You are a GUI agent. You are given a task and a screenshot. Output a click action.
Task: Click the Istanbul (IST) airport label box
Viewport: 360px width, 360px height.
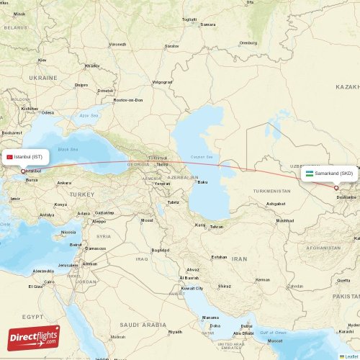(x=27, y=157)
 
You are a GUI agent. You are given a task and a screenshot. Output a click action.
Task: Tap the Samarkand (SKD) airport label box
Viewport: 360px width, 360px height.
(x=329, y=174)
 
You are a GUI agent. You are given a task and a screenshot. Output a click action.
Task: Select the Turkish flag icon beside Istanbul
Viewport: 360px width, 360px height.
(x=9, y=157)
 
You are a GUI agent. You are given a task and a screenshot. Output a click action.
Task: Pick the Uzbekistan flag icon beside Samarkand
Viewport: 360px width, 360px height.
(x=309, y=174)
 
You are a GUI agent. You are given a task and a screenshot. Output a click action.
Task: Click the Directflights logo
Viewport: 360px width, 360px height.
(x=34, y=337)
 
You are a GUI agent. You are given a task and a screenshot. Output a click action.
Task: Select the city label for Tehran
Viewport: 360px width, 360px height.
(x=216, y=227)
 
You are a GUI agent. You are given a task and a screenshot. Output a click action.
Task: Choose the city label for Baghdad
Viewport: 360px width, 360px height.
(x=161, y=250)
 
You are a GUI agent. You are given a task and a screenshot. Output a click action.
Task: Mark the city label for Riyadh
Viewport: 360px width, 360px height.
(x=174, y=332)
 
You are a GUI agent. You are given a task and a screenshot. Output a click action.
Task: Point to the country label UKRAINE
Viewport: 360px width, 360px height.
(x=43, y=77)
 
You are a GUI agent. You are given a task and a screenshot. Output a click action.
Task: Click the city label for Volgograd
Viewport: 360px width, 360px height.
(x=162, y=82)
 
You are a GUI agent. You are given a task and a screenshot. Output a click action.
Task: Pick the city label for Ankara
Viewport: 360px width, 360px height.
(x=64, y=183)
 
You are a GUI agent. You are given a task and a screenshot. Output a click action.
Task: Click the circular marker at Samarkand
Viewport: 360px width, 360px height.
(x=336, y=188)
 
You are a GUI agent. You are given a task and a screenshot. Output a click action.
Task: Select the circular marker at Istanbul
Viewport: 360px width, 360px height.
(x=23, y=171)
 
